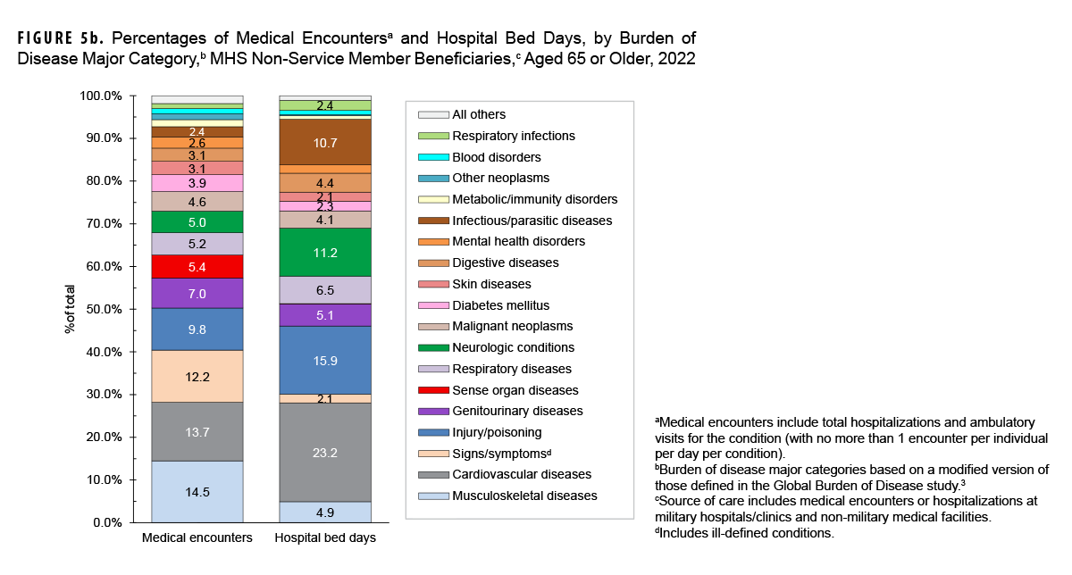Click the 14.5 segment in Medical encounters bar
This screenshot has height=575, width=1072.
click(x=197, y=491)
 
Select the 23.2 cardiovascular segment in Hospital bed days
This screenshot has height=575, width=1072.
click(x=325, y=453)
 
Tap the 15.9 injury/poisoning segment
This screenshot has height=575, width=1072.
click(x=325, y=360)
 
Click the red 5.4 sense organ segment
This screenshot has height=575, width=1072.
click(x=197, y=266)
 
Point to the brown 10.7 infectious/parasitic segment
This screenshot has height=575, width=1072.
click(x=325, y=142)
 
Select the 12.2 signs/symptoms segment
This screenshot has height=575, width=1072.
click(x=197, y=376)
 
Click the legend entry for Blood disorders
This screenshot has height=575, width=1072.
click(x=499, y=157)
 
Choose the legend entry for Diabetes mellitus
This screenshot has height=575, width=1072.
click(x=500, y=305)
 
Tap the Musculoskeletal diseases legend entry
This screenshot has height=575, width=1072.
click(x=524, y=496)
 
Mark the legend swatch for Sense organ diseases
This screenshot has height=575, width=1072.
click(x=432, y=390)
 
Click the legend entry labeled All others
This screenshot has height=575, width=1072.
click(x=479, y=114)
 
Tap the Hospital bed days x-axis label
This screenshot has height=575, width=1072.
click(x=325, y=538)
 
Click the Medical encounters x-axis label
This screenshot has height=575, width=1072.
click(x=197, y=538)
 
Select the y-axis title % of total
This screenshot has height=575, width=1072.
click(x=70, y=309)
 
